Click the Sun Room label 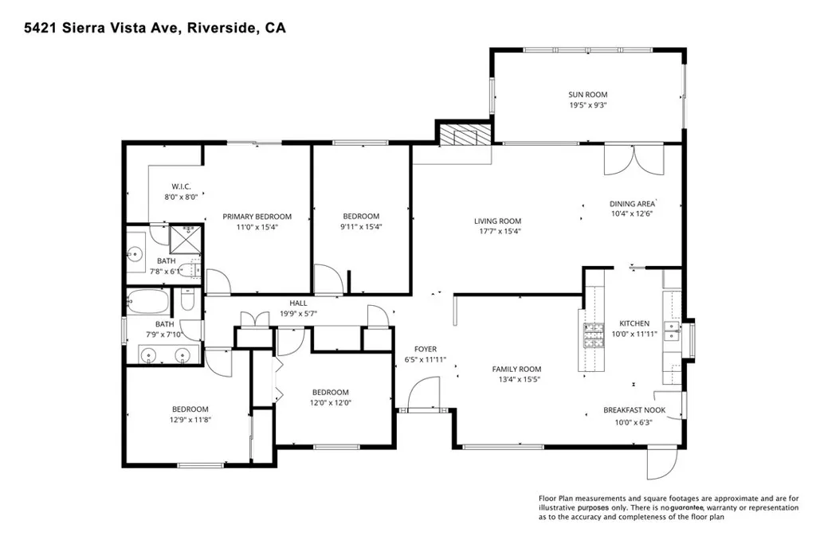click(x=587, y=95)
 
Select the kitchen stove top click(x=594, y=335)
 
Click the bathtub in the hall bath click(x=148, y=301)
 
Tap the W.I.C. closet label click(x=181, y=186)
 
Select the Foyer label click(x=426, y=349)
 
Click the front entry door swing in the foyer click(x=424, y=393)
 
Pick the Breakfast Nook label click(x=634, y=410)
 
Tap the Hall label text click(x=298, y=303)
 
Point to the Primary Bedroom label click(x=257, y=217)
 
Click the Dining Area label click(x=632, y=204)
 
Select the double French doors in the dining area click(x=634, y=160)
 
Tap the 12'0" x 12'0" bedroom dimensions click(x=331, y=402)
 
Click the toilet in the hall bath click(x=186, y=300)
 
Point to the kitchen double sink click(x=671, y=329)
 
